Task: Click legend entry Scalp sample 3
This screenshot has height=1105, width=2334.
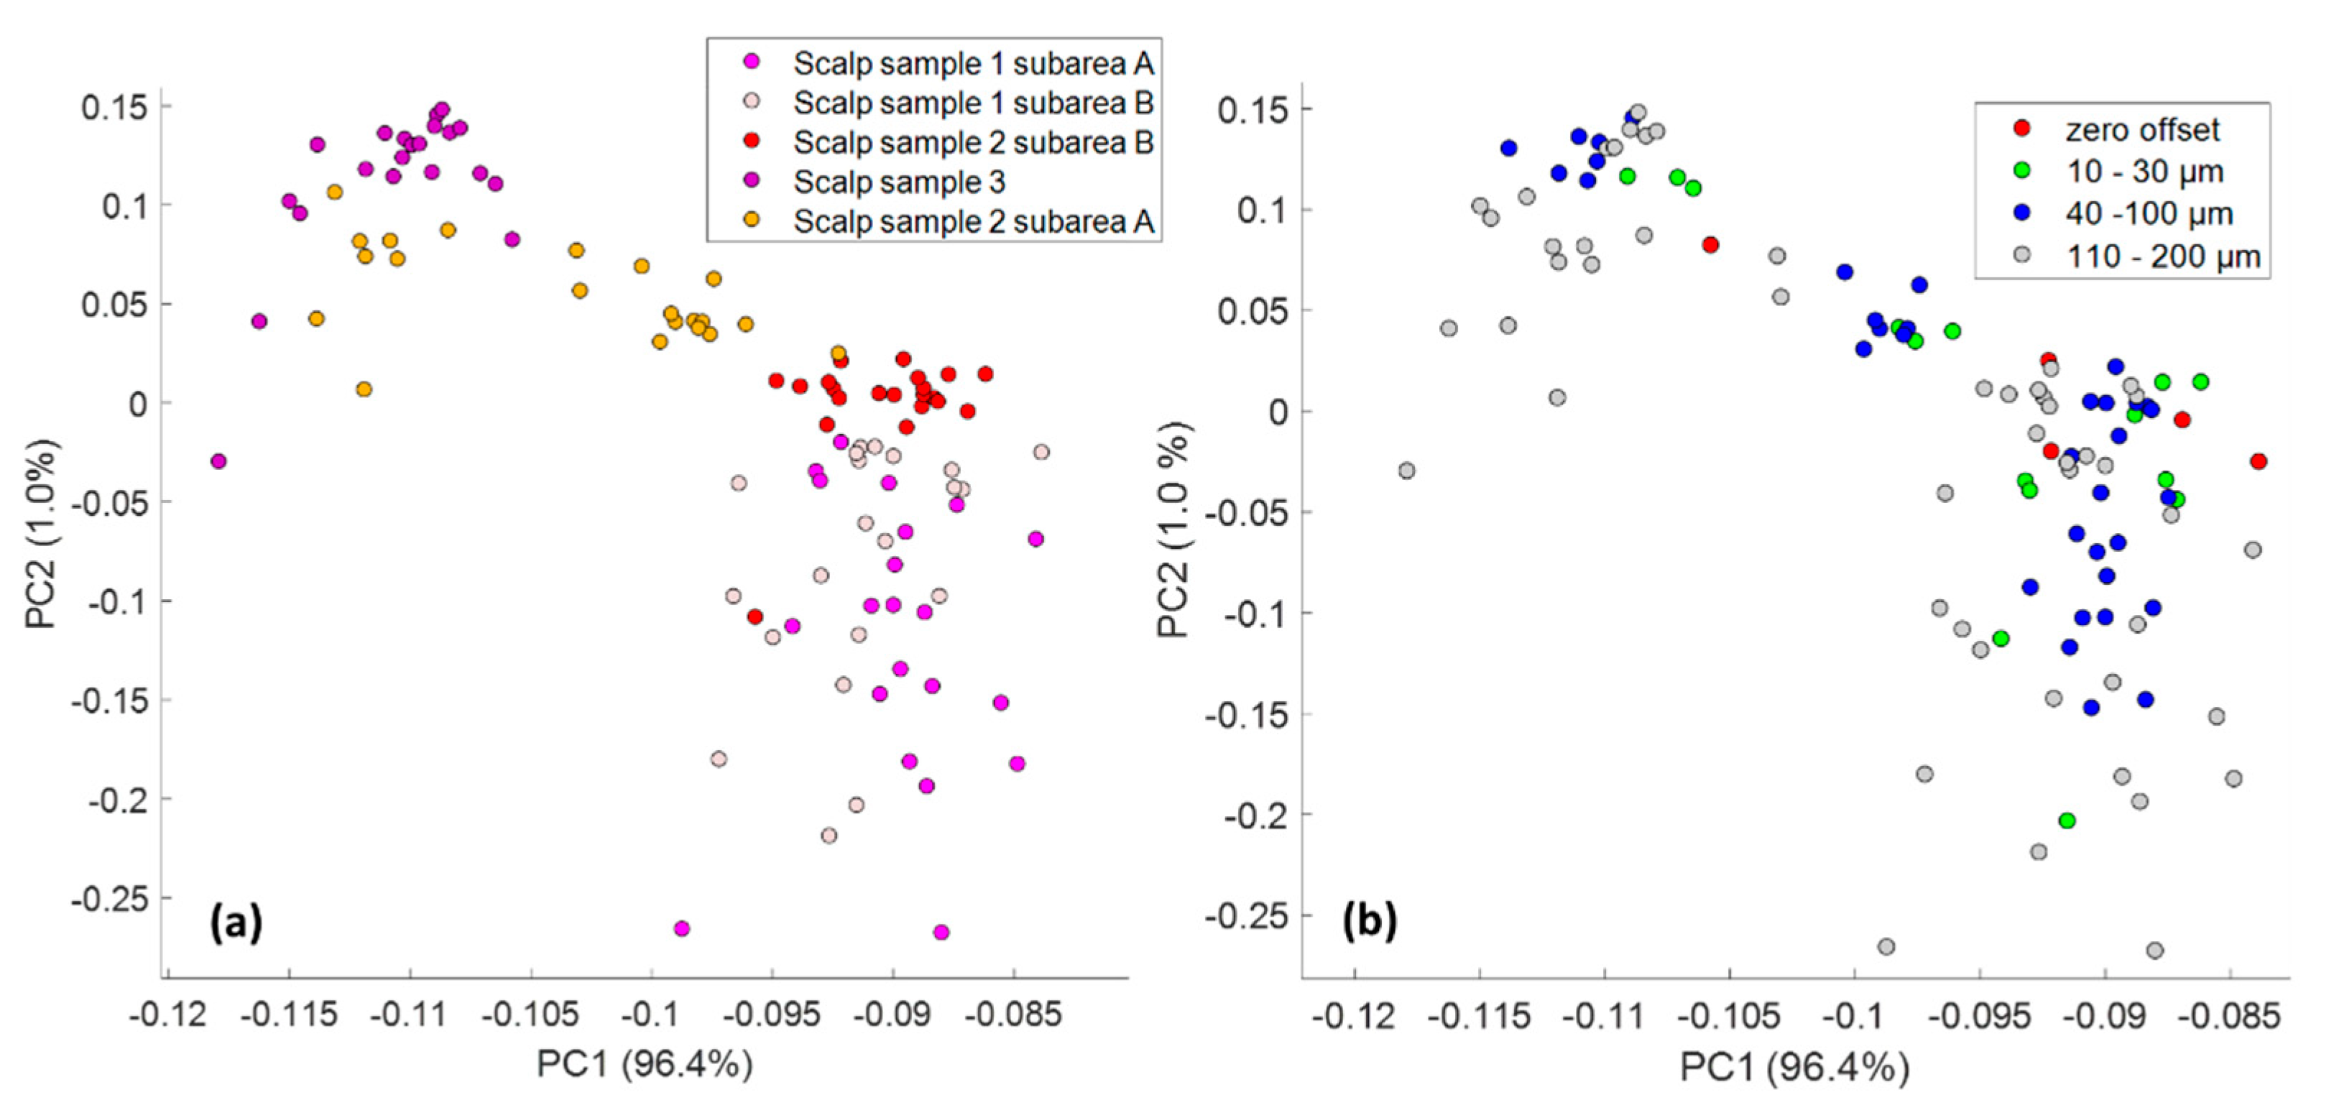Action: point(899,182)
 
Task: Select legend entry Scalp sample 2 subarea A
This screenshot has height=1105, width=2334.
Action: point(973,222)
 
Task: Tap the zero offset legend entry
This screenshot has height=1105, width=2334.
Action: point(2142,129)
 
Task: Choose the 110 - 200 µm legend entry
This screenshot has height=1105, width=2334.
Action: point(2163,256)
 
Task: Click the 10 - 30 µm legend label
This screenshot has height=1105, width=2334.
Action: point(2144,171)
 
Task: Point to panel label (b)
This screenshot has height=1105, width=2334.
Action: point(1370,921)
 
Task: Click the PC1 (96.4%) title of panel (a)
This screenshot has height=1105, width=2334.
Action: point(644,1063)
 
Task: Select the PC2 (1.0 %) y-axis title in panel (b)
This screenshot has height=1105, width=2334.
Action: point(1174,530)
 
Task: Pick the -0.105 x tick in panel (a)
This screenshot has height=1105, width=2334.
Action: point(530,1014)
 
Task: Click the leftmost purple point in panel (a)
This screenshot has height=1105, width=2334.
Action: point(218,461)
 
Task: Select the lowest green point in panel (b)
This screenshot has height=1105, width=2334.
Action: point(2067,820)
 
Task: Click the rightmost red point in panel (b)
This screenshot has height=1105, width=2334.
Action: point(2258,461)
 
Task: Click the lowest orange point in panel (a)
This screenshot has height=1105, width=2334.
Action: point(364,389)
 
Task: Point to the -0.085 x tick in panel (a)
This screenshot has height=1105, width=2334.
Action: point(1013,1014)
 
